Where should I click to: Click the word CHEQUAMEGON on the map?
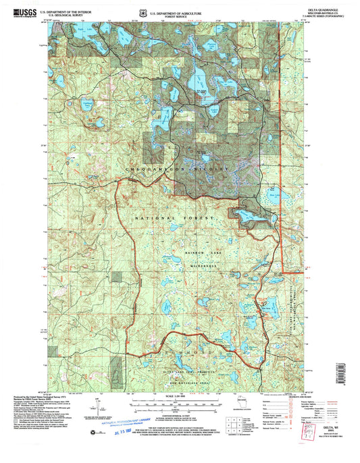(x=157, y=167)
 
